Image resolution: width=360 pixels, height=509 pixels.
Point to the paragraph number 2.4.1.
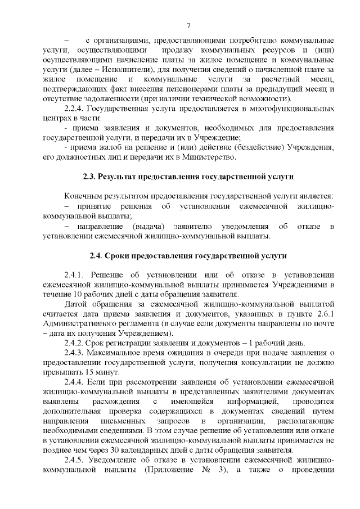point(76,275)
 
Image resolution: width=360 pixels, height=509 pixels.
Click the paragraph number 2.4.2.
point(76,343)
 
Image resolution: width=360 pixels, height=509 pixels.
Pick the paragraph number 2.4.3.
point(76,353)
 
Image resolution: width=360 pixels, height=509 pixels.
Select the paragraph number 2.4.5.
point(76,461)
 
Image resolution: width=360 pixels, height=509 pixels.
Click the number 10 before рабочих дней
point(78,294)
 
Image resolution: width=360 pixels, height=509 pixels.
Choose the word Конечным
point(85,196)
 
